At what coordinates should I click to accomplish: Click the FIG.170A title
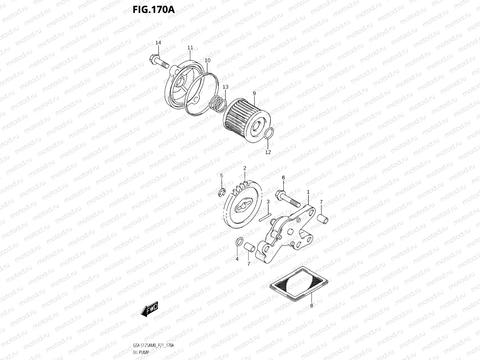pyautogui.click(x=153, y=9)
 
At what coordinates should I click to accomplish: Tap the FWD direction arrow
pyautogui.click(x=149, y=309)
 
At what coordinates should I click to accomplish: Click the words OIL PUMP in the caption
pyautogui.click(x=141, y=352)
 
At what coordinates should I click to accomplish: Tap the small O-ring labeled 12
pyautogui.click(x=268, y=134)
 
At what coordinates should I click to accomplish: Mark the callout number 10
pyautogui.click(x=207, y=60)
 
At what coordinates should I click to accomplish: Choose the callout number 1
pyautogui.click(x=308, y=192)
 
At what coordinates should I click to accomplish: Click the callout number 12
pyautogui.click(x=268, y=152)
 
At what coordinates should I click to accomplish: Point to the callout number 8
pyautogui.click(x=312, y=306)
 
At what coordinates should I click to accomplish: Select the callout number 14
pyautogui.click(x=158, y=43)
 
